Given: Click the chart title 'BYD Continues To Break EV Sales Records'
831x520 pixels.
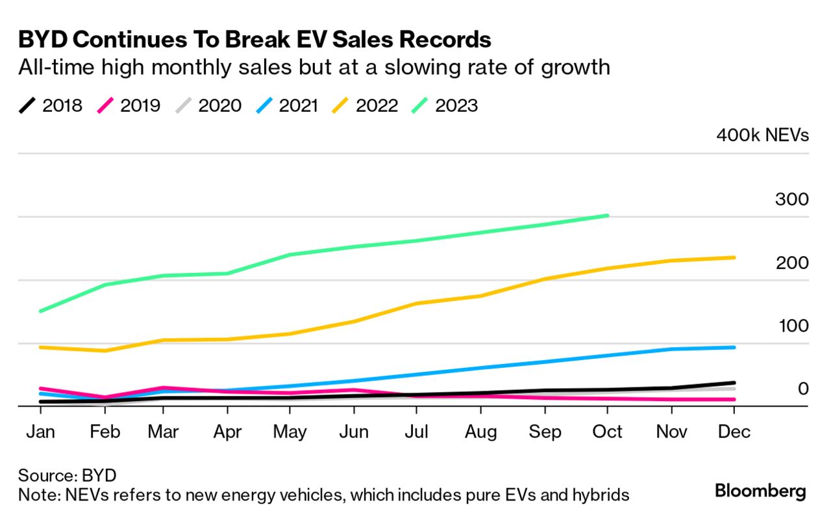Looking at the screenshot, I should coord(254,40).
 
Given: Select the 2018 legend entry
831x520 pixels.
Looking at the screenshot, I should coord(51,105).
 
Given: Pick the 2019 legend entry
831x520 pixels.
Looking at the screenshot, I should coord(129,105).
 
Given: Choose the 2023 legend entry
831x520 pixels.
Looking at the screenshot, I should coord(445,105).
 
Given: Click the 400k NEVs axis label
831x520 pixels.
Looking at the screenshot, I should coord(762,135).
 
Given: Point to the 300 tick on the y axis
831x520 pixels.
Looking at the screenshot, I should coord(791,199).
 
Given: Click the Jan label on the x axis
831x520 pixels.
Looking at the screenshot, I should coord(41,432).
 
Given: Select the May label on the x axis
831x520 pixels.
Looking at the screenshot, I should coord(290,432).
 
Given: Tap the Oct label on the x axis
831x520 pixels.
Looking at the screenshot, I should coord(607,432).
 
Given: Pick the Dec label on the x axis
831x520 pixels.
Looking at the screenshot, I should coord(734,432).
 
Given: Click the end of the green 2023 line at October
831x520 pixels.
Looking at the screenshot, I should coord(607,215).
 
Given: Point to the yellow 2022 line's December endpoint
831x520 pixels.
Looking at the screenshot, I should coord(734,257).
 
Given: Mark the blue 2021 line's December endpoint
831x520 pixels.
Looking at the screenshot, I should coord(734,347).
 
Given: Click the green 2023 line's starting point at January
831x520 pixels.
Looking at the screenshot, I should coord(41,311).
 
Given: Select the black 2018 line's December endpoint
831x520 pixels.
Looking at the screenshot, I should coord(734,383).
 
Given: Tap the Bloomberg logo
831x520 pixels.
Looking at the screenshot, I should coord(760,491).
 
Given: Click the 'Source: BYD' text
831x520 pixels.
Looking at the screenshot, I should coord(67,475).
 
